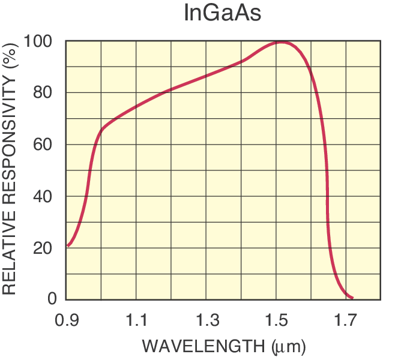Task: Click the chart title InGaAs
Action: click(222, 13)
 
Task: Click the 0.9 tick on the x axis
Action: click(67, 321)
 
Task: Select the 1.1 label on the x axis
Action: click(136, 321)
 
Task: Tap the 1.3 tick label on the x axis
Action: click(206, 321)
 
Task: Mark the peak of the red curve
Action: click(281, 42)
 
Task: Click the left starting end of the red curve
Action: click(68, 245)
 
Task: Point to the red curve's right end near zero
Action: click(352, 298)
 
